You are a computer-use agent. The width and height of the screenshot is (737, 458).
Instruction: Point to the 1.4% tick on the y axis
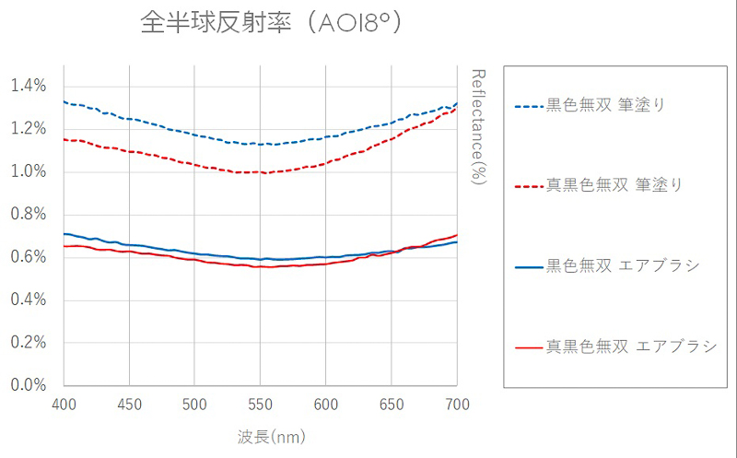click(28, 86)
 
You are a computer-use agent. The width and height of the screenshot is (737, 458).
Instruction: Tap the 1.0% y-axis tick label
click(28, 171)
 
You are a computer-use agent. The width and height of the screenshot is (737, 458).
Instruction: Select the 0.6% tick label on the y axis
click(28, 257)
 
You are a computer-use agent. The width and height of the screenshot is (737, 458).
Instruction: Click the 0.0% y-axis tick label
click(28, 385)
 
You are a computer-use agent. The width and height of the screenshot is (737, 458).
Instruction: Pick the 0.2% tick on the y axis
click(28, 343)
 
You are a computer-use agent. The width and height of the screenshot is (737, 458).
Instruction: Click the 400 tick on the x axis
click(64, 405)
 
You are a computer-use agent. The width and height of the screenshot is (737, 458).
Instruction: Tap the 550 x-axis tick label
click(261, 405)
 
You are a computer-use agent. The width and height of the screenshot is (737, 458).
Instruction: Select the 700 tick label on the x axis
click(457, 405)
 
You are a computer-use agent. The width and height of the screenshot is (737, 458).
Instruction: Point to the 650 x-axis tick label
click(392, 405)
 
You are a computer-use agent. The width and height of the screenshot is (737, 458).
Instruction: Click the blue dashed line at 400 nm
click(64, 101)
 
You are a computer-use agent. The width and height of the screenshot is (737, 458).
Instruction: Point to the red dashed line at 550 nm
click(261, 172)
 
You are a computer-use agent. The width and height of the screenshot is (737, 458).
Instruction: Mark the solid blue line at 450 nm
click(129, 244)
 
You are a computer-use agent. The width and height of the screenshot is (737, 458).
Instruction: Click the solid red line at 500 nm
click(194, 260)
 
